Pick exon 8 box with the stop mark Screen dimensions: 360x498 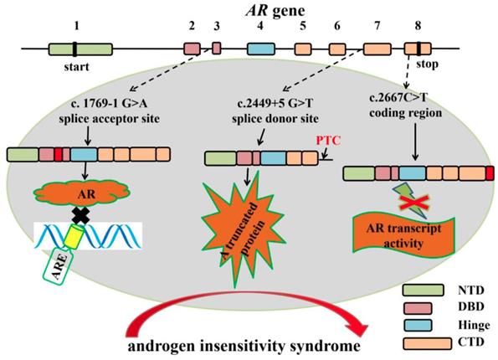click(x=418, y=50)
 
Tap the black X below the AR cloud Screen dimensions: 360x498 click(x=80, y=216)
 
